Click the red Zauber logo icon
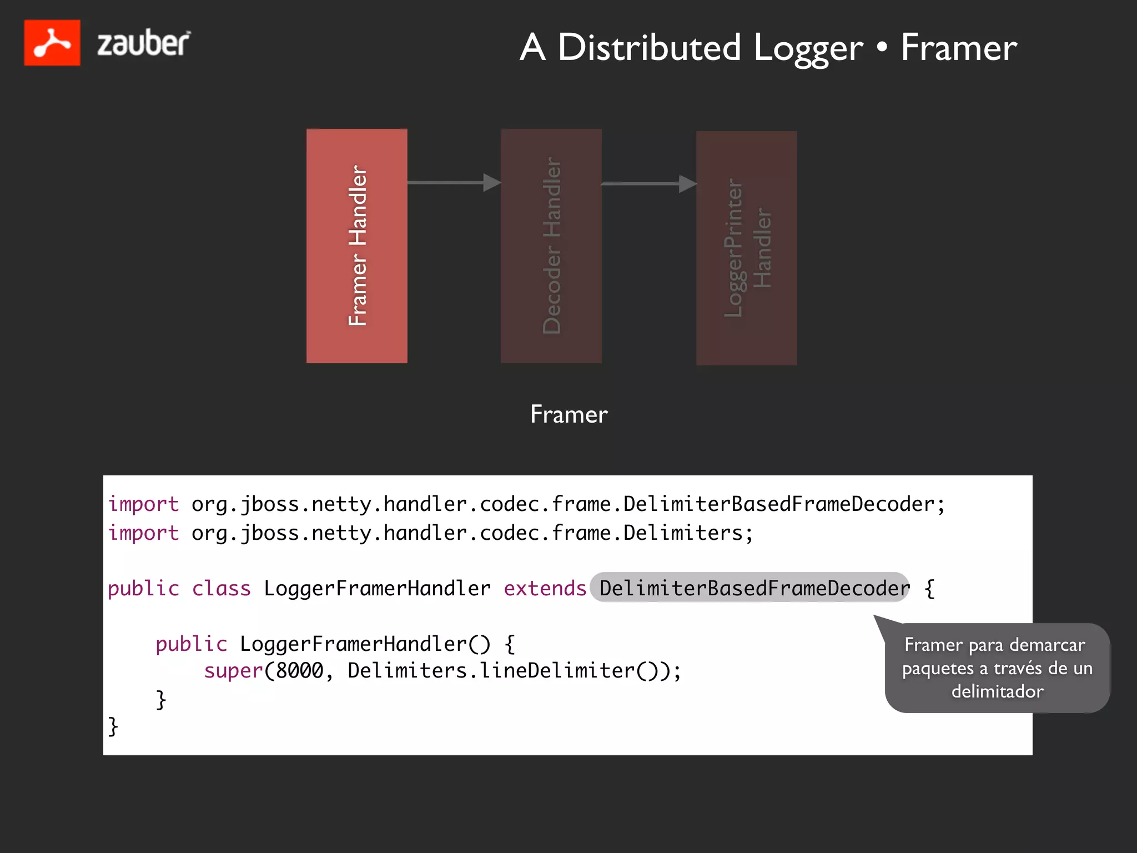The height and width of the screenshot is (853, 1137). pos(52,43)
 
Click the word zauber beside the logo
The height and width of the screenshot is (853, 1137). pos(143,43)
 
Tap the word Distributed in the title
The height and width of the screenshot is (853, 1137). pos(649,47)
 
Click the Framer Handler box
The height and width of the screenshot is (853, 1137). pos(357,246)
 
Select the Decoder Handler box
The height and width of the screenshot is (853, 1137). pos(551,246)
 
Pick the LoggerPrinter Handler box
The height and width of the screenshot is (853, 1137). pos(746,248)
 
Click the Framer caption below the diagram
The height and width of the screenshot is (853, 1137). pos(568,414)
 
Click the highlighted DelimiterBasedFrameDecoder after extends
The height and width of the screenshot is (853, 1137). pos(750,588)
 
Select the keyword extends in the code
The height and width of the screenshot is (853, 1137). pos(545,588)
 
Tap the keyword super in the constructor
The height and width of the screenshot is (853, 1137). pos(233,671)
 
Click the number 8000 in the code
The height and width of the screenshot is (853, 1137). pos(300,671)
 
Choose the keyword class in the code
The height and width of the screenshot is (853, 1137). pos(221,588)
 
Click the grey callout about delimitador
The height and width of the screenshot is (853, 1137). pos(997,668)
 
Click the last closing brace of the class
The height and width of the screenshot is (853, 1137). pos(113,726)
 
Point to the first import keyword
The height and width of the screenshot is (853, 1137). pos(143,504)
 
